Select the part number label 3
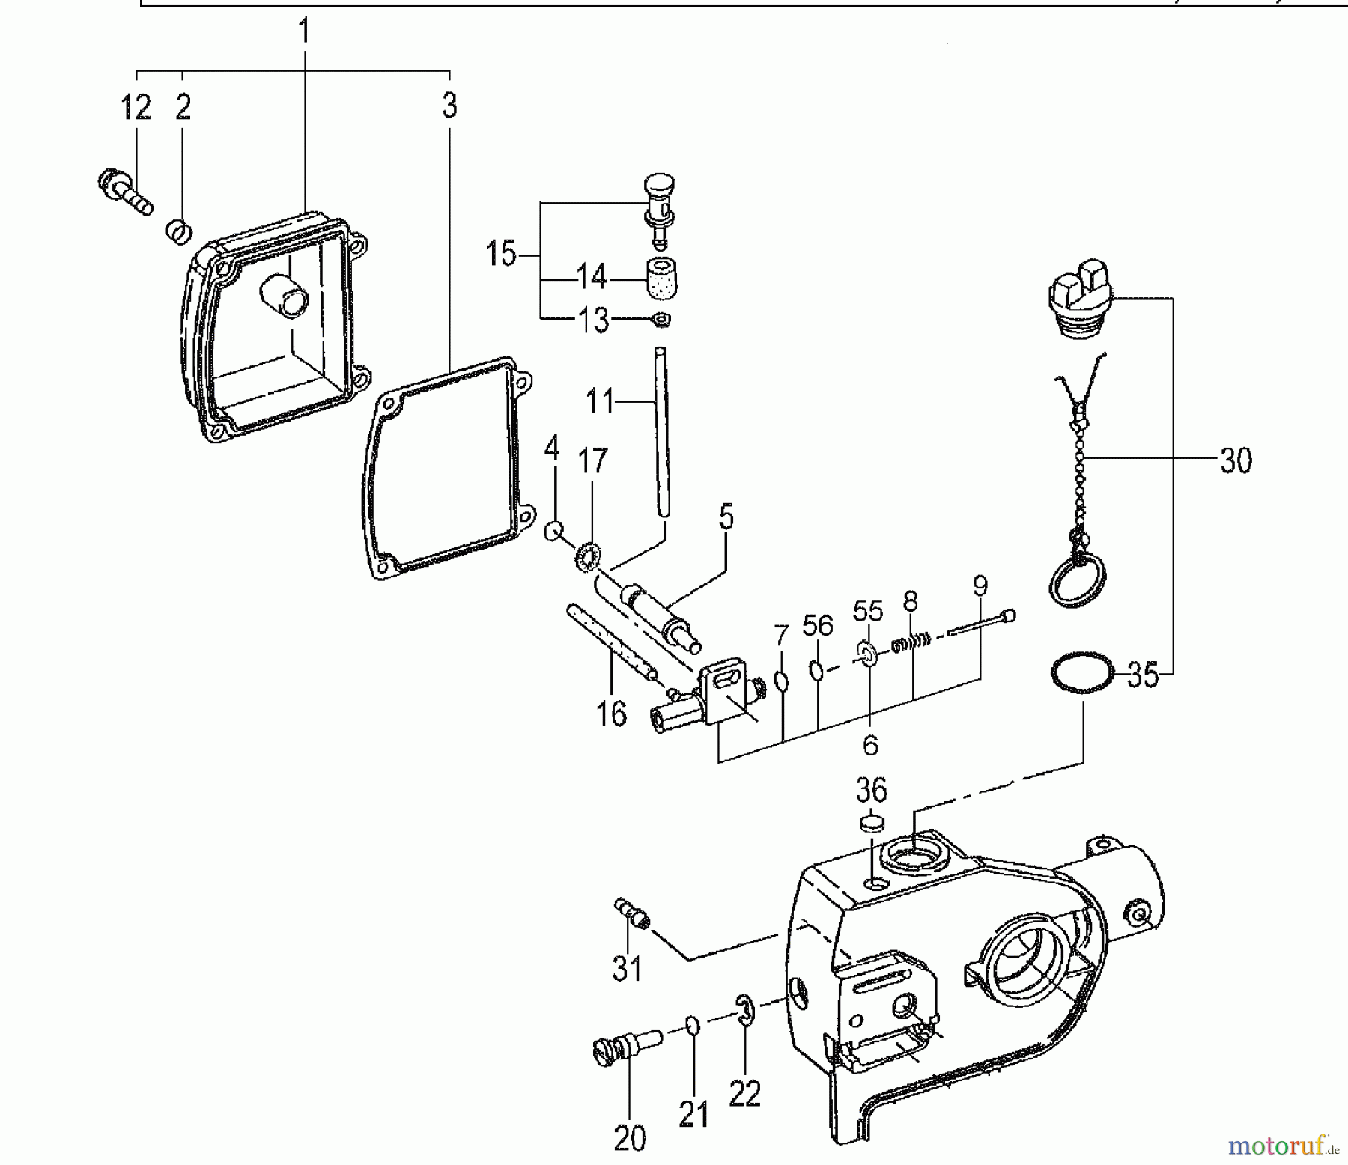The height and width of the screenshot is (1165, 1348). [449, 106]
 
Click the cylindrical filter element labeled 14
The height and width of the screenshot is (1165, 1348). [659, 279]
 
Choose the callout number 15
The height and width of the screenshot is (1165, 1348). [501, 254]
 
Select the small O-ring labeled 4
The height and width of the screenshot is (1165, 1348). [553, 530]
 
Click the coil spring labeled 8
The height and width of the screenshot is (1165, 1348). [911, 642]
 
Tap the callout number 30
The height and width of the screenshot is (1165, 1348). [1236, 461]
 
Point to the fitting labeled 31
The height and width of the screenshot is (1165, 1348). [632, 913]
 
